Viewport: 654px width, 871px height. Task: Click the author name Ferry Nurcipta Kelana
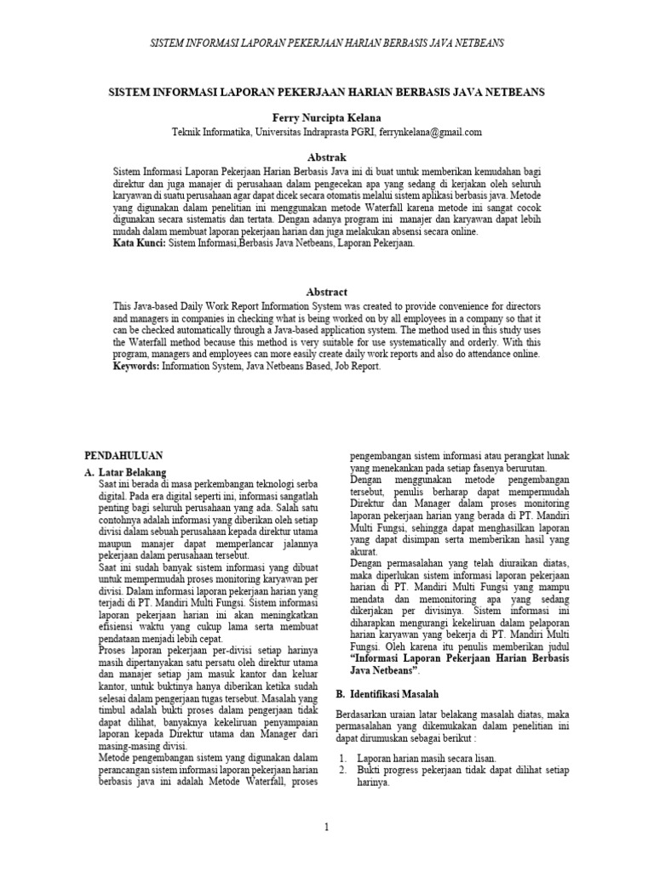tap(327, 116)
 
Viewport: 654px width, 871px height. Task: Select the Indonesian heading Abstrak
tap(327, 157)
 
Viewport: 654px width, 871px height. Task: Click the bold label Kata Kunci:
tap(140, 243)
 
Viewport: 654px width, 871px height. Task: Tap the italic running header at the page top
tap(327, 42)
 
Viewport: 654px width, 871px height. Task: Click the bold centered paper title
tap(327, 91)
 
